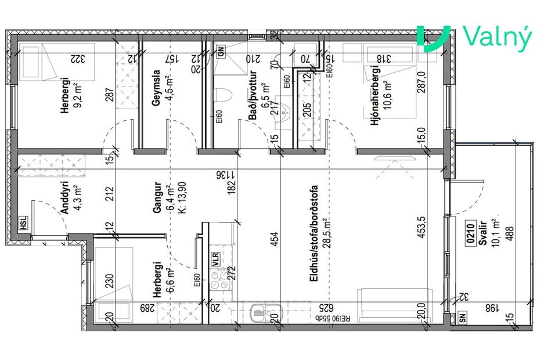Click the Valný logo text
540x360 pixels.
pos(498,38)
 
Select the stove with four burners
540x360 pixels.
pos(220,285)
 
